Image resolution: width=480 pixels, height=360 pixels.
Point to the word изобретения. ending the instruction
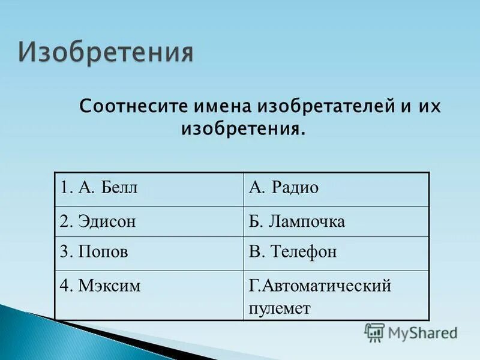coord(243,128)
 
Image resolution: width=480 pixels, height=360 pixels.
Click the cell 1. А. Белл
coord(148,189)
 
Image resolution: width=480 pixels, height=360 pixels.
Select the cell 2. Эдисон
coord(148,221)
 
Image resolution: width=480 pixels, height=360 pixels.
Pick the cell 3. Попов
coord(148,253)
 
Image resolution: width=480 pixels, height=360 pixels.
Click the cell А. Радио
coord(336,189)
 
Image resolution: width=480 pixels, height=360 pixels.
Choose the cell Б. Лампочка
coord(336,221)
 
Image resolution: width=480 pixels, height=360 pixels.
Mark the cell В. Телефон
coord(336,253)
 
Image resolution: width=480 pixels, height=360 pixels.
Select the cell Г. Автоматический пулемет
coord(336,295)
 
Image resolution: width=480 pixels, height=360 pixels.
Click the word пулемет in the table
coord(280,308)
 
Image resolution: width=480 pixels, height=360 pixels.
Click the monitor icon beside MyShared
coord(374,332)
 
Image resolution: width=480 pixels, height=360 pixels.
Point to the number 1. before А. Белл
coord(65,188)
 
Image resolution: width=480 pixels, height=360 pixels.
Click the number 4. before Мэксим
coord(65,286)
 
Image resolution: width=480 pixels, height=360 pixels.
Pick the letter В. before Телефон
coord(256,253)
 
